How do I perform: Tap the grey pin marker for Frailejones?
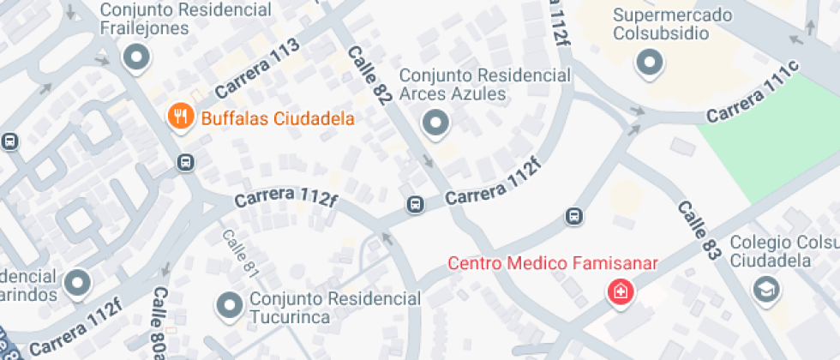135,58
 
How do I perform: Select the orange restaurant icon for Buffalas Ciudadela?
180,117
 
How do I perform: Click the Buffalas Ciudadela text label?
278,118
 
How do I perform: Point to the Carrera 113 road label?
256,67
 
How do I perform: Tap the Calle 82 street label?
369,76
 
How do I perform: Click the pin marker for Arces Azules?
436,123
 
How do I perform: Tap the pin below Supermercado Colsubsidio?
649,62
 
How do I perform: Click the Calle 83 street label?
698,231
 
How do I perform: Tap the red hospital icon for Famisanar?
618,292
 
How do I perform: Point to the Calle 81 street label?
239,253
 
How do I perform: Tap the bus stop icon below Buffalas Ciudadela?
185,162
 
